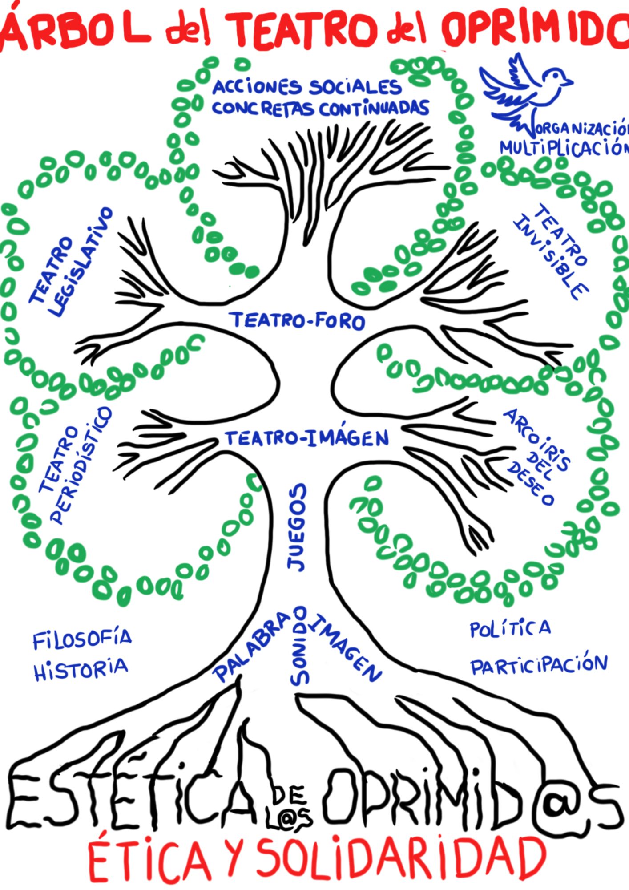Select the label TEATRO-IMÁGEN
coord(307,438)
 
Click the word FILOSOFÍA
coord(82,639)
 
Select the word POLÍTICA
coord(510,628)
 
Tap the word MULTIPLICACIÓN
coord(564,148)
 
